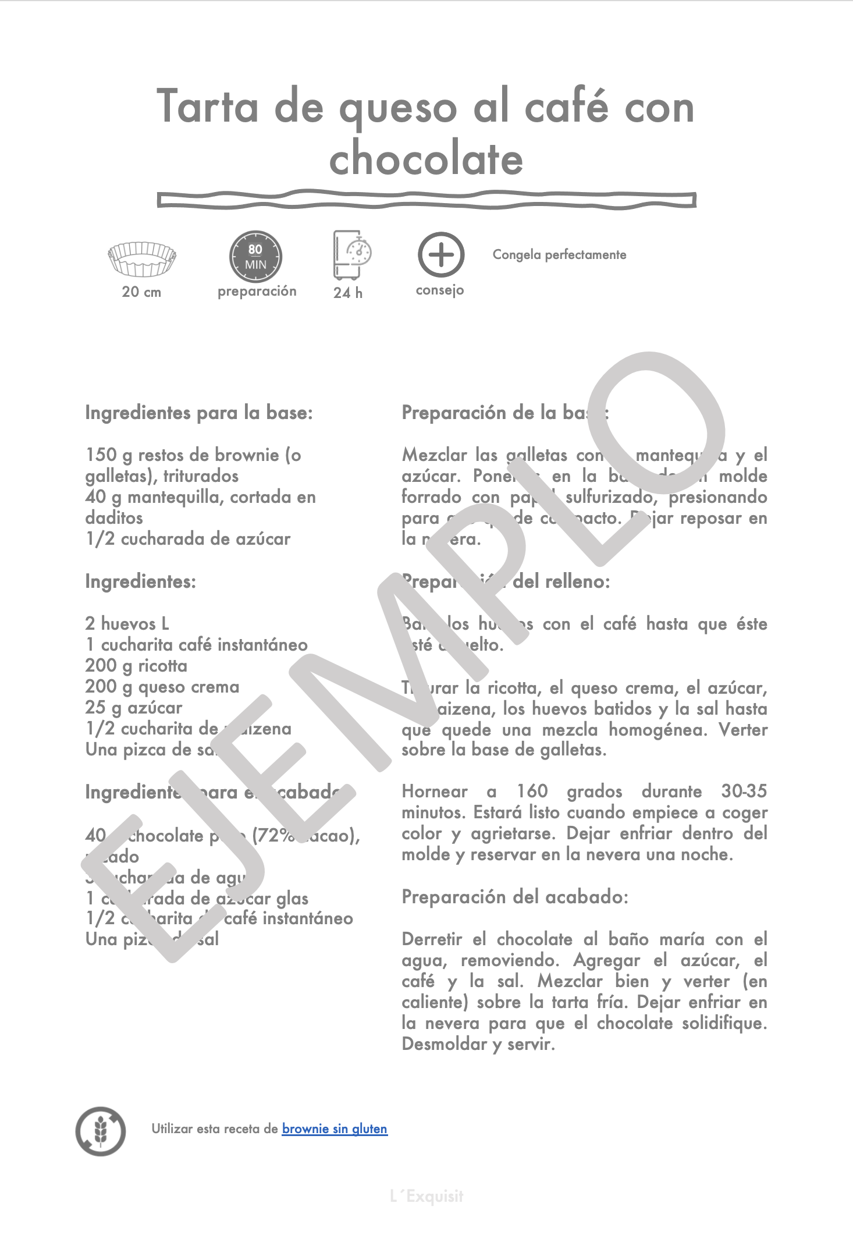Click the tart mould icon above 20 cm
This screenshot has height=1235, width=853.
coord(141,258)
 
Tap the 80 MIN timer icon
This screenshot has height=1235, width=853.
coord(255,257)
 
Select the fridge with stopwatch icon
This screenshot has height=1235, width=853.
coord(351,255)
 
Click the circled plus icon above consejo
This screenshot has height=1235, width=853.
coord(440,255)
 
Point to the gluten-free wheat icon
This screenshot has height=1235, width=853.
coord(101,1131)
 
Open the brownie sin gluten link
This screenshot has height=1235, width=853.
coord(335,1128)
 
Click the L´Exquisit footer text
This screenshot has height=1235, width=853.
coord(426,1196)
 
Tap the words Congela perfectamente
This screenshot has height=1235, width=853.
coord(559,255)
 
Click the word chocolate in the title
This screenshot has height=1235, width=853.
coord(426,159)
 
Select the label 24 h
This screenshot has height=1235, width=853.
coord(348,292)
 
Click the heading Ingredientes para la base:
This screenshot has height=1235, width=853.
coord(199,413)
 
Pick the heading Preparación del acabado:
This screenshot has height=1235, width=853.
coord(515,897)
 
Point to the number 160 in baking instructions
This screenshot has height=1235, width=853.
coord(532,791)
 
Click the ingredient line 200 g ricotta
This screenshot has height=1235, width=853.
coord(136,666)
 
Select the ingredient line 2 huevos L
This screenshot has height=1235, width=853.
coord(127,624)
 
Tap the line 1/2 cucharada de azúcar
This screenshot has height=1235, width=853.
coord(188,539)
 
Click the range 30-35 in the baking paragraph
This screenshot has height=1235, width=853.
coord(744,791)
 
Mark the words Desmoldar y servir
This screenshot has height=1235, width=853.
coord(478,1044)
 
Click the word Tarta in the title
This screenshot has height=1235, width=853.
coord(208,107)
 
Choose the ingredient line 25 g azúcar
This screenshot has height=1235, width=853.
coord(134,708)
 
